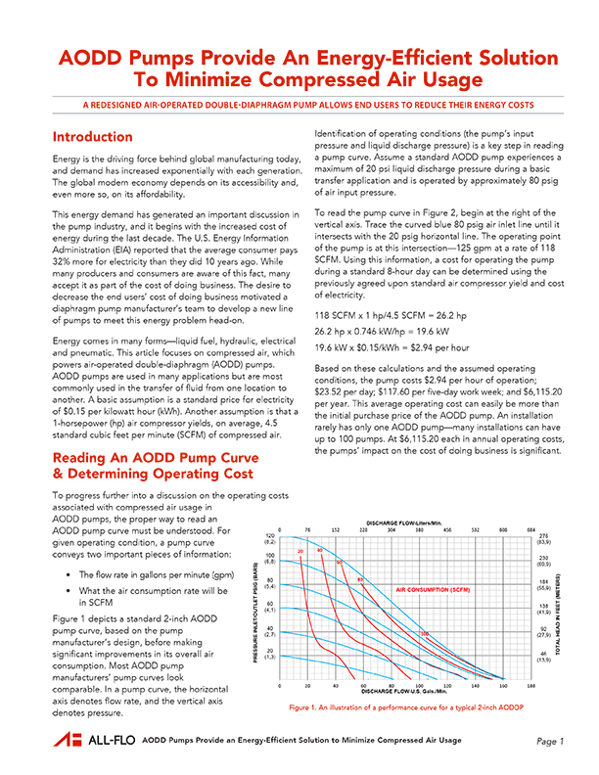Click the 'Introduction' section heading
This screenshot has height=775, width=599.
coord(92,137)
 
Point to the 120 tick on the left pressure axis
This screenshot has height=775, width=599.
coord(270,535)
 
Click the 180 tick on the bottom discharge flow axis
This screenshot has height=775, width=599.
coord(531,686)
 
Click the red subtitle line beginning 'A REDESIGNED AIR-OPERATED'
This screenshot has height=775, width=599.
coord(299,103)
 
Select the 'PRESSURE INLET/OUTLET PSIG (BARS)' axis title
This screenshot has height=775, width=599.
coord(257,607)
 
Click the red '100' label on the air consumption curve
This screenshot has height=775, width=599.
coord(424,635)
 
